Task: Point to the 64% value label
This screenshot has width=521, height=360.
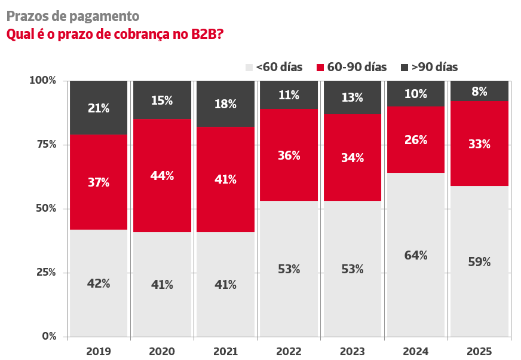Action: pyautogui.click(x=415, y=255)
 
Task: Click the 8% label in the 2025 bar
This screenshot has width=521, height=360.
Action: pyautogui.click(x=479, y=91)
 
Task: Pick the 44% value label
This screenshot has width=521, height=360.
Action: pyautogui.click(x=162, y=176)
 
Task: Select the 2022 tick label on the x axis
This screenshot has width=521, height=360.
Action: pyautogui.click(x=289, y=351)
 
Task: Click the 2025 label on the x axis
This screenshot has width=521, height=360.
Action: pyautogui.click(x=479, y=351)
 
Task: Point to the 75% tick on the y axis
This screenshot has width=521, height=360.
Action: pyautogui.click(x=43, y=145)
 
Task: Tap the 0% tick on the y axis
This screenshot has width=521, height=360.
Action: pyautogui.click(x=48, y=337)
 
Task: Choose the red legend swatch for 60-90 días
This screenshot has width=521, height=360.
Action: pyautogui.click(x=320, y=67)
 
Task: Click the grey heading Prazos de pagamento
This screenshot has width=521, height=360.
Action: pyautogui.click(x=73, y=16)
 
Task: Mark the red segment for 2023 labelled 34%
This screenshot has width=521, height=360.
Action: pyautogui.click(x=352, y=158)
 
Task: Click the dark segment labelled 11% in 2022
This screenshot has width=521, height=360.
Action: pyautogui.click(x=289, y=94)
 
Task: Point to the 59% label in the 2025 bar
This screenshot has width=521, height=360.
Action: pyautogui.click(x=479, y=262)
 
